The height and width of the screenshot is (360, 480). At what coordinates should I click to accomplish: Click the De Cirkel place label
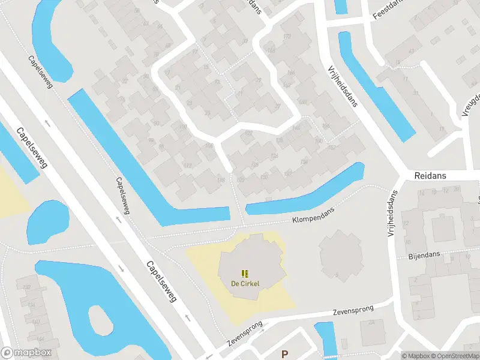click(245, 283)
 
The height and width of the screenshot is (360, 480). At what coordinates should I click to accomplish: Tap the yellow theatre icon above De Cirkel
click(245, 273)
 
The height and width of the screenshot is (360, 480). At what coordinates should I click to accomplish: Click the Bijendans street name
click(424, 254)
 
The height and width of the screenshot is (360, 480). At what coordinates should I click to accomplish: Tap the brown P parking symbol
click(285, 353)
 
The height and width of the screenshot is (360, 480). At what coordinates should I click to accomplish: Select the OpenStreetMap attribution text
click(455, 356)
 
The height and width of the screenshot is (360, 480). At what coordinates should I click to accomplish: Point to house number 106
click(209, 146)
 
